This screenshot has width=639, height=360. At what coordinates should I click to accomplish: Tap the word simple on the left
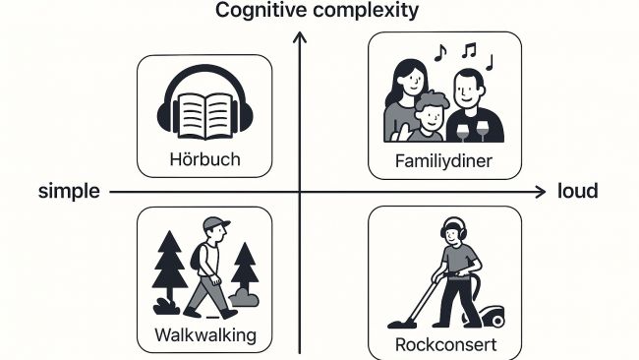[70, 192]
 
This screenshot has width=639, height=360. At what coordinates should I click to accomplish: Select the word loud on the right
[577, 192]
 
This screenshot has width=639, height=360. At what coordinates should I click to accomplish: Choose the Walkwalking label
[205, 335]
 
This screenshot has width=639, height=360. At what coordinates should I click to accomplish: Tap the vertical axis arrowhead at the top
[301, 38]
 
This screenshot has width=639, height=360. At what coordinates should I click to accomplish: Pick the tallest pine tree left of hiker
[169, 266]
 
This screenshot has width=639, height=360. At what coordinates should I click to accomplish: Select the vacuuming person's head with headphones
[453, 235]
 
